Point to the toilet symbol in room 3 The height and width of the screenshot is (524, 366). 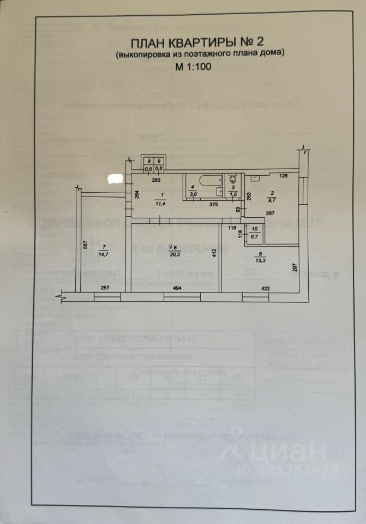(233, 179)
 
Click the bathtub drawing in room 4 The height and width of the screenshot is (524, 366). (208, 180)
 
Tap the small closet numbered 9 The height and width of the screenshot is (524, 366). (159, 164)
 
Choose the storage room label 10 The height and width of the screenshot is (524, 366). (254, 233)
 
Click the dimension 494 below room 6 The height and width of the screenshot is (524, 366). (175, 288)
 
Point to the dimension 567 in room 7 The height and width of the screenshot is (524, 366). (86, 245)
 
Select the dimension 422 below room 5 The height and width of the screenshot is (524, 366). (265, 288)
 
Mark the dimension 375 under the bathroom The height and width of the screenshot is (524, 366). (214, 204)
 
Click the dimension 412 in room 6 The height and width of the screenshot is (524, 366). (215, 253)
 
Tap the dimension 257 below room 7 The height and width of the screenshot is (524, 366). (105, 288)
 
